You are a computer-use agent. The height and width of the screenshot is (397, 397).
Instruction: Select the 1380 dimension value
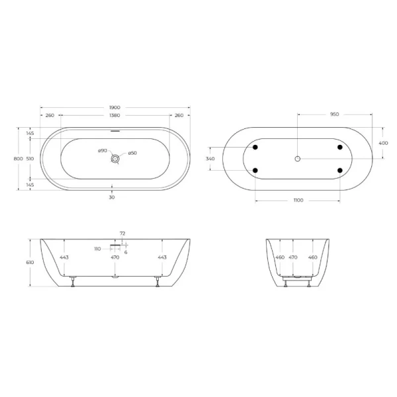click(x=115, y=116)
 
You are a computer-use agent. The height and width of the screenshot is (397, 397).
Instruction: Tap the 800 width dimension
click(x=19, y=159)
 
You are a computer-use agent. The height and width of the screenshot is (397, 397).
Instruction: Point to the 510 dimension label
click(x=30, y=159)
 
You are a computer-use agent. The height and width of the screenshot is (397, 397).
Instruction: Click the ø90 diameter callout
click(x=103, y=151)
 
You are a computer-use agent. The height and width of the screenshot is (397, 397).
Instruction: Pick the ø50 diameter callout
click(x=132, y=153)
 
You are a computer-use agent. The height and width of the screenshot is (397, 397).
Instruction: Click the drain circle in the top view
click(x=116, y=159)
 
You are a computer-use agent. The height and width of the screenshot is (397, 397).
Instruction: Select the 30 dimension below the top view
click(x=112, y=197)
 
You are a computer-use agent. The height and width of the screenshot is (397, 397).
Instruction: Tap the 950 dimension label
click(x=335, y=114)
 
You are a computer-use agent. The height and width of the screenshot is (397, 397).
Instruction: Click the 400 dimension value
click(x=383, y=143)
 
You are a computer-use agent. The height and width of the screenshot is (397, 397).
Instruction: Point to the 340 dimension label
click(x=210, y=159)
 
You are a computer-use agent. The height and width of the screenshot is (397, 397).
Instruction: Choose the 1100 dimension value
click(x=298, y=200)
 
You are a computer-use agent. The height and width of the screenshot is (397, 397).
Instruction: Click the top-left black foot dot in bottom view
click(x=255, y=147)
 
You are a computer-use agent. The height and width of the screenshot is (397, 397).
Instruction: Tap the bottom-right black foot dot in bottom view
click(x=340, y=171)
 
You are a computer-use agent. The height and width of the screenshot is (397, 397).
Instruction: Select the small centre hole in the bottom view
click(x=298, y=159)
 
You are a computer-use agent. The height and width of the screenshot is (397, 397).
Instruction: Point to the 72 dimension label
click(x=122, y=234)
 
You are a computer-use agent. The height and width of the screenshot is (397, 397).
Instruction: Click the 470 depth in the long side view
click(x=114, y=257)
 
